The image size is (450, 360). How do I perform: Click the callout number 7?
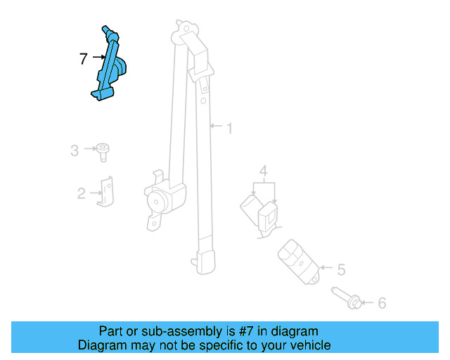tap(84, 59)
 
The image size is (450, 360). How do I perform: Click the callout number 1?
tap(229, 128)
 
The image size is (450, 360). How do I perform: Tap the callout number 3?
tap(75, 150)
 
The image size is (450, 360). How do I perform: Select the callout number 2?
tap(81, 193)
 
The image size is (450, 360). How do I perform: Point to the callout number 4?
tap(263, 170)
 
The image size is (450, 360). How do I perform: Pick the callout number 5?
tap(341, 269)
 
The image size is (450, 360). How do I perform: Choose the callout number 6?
tap(382, 303)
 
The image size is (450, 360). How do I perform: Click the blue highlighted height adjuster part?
tap(111, 67)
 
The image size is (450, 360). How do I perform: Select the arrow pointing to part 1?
tap(217, 128)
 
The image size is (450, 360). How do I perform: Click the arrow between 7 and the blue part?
tap(97, 60)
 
